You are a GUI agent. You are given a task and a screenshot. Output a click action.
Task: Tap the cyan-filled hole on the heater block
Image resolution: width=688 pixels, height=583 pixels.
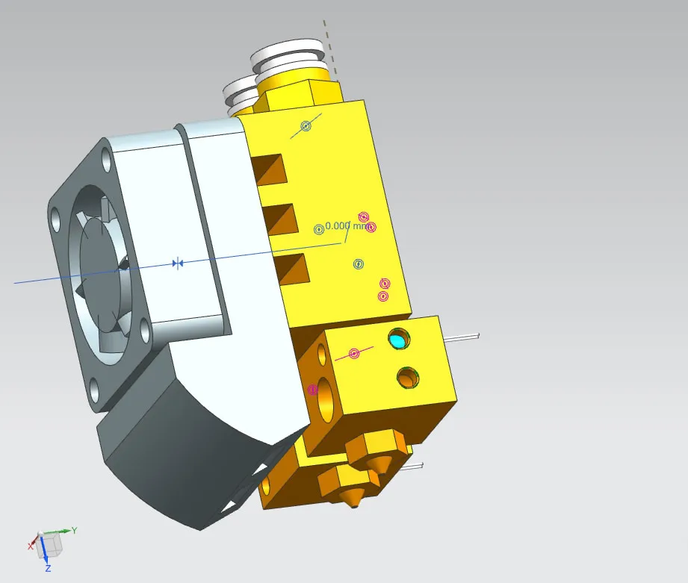[398, 340]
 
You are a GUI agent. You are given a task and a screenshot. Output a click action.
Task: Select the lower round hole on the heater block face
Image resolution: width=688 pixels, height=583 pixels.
[408, 378]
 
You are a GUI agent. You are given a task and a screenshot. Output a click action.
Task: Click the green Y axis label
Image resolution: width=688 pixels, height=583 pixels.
[74, 531]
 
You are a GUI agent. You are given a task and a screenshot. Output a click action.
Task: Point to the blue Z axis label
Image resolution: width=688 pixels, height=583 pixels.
[48, 569]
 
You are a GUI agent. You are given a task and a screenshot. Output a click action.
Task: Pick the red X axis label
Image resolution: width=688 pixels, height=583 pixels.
[31, 546]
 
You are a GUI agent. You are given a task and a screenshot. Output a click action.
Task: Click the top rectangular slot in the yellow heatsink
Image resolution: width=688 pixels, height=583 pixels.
[268, 168]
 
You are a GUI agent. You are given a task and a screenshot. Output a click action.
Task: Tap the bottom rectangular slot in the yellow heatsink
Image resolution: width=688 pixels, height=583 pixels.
[291, 268]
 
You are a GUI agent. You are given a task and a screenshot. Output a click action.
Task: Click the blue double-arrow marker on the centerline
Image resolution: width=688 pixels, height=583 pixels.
[177, 264]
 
